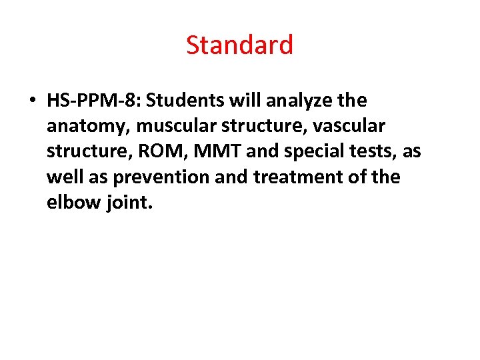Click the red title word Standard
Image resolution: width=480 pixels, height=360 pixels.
tap(239, 45)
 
